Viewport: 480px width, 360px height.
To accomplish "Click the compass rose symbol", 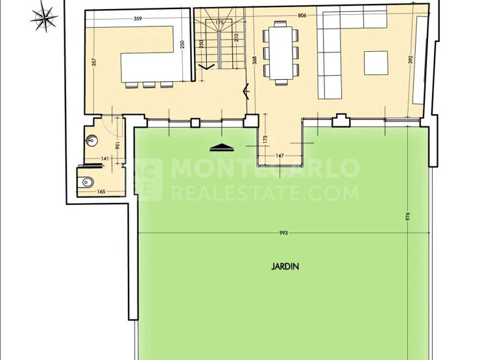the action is point(44,17).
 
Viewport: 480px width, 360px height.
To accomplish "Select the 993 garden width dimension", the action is point(283,233).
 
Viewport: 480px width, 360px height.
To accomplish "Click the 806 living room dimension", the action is point(302,16).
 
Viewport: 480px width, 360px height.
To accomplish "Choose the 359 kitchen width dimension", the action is point(138,19).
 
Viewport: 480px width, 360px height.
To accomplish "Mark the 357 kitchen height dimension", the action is point(94,62).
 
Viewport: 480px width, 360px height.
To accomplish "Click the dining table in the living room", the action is point(281,53).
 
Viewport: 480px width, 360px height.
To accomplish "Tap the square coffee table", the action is point(376,63).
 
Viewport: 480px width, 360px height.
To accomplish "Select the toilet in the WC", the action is point(87,182).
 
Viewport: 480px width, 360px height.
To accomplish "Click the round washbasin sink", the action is point(92,141).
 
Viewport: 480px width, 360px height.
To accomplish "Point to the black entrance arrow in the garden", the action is point(222,147).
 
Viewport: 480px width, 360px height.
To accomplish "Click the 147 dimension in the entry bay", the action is point(280,156).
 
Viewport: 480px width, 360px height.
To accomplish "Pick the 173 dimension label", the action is point(265,140).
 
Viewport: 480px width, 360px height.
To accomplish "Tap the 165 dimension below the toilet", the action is point(101,191).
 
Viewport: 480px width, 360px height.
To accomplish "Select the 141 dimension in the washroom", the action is point(104,158).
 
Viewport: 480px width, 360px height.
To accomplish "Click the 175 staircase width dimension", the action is point(219,22).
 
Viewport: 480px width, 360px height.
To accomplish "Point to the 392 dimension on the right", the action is point(411,60).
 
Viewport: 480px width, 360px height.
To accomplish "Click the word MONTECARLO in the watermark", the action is point(265,167).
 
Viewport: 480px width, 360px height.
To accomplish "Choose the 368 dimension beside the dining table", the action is point(255,60).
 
